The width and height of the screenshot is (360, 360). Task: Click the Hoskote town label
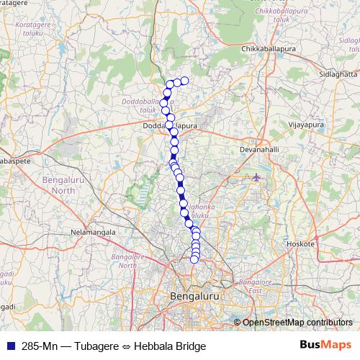(x=301, y=244)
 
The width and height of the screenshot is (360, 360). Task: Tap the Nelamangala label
(x=93, y=233)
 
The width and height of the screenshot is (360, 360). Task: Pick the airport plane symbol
(x=257, y=176)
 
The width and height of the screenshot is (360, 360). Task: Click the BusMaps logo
(x=326, y=346)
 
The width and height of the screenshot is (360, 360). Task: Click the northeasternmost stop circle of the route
(x=184, y=81)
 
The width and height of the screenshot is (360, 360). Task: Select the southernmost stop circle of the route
(x=194, y=259)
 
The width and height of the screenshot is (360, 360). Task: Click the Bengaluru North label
(x=53, y=185)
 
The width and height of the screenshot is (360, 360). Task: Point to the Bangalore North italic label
(x=126, y=261)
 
